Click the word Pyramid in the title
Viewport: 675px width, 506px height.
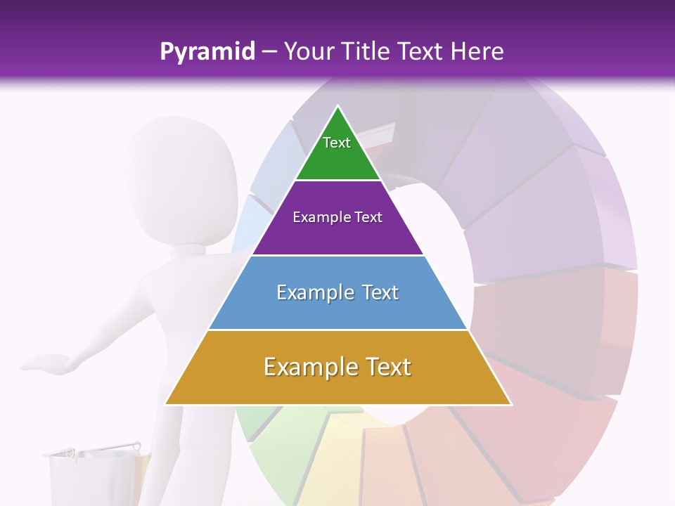(207, 52)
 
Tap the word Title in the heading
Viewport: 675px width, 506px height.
(366, 51)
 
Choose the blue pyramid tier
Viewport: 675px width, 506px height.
(337, 309)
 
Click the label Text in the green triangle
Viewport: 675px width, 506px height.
(337, 143)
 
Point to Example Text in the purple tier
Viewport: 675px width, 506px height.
(337, 217)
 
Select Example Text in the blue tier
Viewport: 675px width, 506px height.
(337, 292)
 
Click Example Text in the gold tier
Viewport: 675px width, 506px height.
(337, 367)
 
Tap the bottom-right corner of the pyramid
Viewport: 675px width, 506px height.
(510, 404)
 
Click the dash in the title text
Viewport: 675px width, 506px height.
(269, 53)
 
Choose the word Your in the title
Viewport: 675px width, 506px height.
(308, 51)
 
